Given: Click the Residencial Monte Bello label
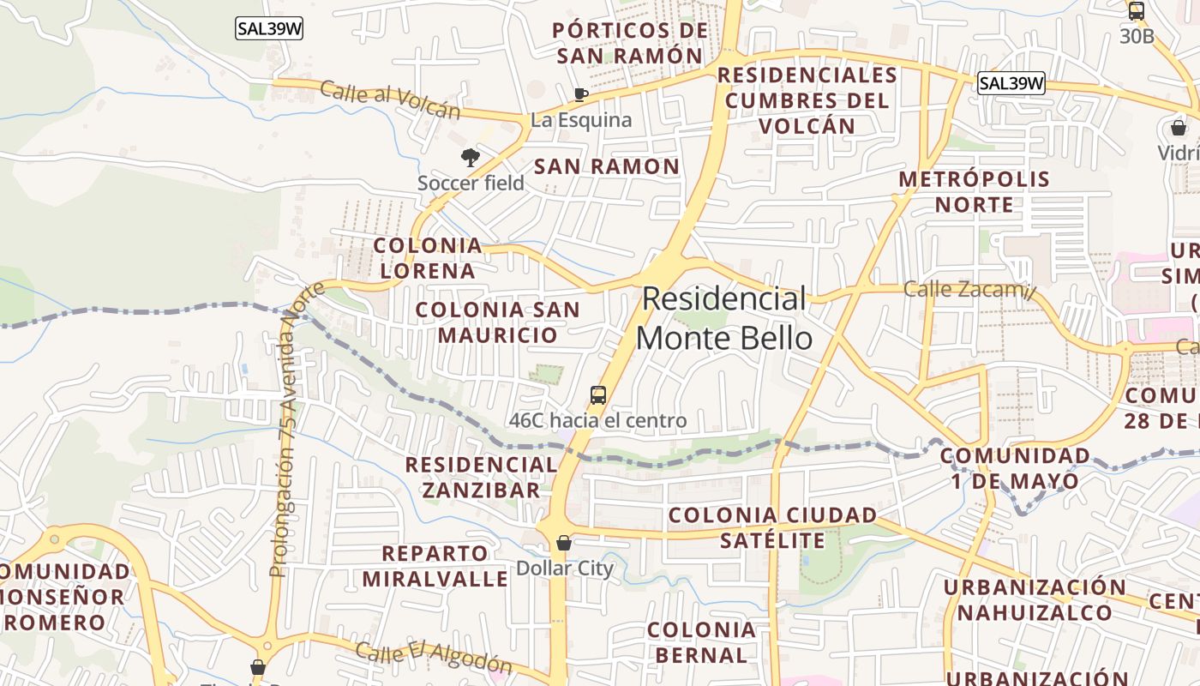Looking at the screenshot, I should click(724, 318).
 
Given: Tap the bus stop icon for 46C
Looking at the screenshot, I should click(598, 395).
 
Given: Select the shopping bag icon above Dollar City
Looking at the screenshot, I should click(564, 543).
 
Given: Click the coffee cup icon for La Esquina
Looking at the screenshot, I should click(580, 93).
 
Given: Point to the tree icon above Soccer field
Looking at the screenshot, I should click(470, 157).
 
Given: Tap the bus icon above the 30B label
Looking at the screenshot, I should click(1137, 12).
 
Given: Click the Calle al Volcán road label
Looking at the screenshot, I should click(390, 100).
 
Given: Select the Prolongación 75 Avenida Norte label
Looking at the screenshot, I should click(291, 429).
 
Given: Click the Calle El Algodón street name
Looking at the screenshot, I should click(434, 658).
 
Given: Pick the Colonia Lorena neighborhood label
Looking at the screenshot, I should click(428, 258).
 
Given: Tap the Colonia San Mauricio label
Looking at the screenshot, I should click(497, 322).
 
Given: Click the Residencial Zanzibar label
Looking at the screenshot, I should click(481, 478).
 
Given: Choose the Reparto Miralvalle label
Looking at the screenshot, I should click(435, 566).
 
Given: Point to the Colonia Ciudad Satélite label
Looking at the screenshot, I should click(772, 528).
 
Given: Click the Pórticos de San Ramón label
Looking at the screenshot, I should click(630, 43).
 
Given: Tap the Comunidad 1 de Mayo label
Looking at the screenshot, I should click(1015, 468).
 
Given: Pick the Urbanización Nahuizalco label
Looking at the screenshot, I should click(1035, 600).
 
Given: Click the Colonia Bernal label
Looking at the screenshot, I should click(701, 643).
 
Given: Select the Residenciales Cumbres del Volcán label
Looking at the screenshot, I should click(807, 100).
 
